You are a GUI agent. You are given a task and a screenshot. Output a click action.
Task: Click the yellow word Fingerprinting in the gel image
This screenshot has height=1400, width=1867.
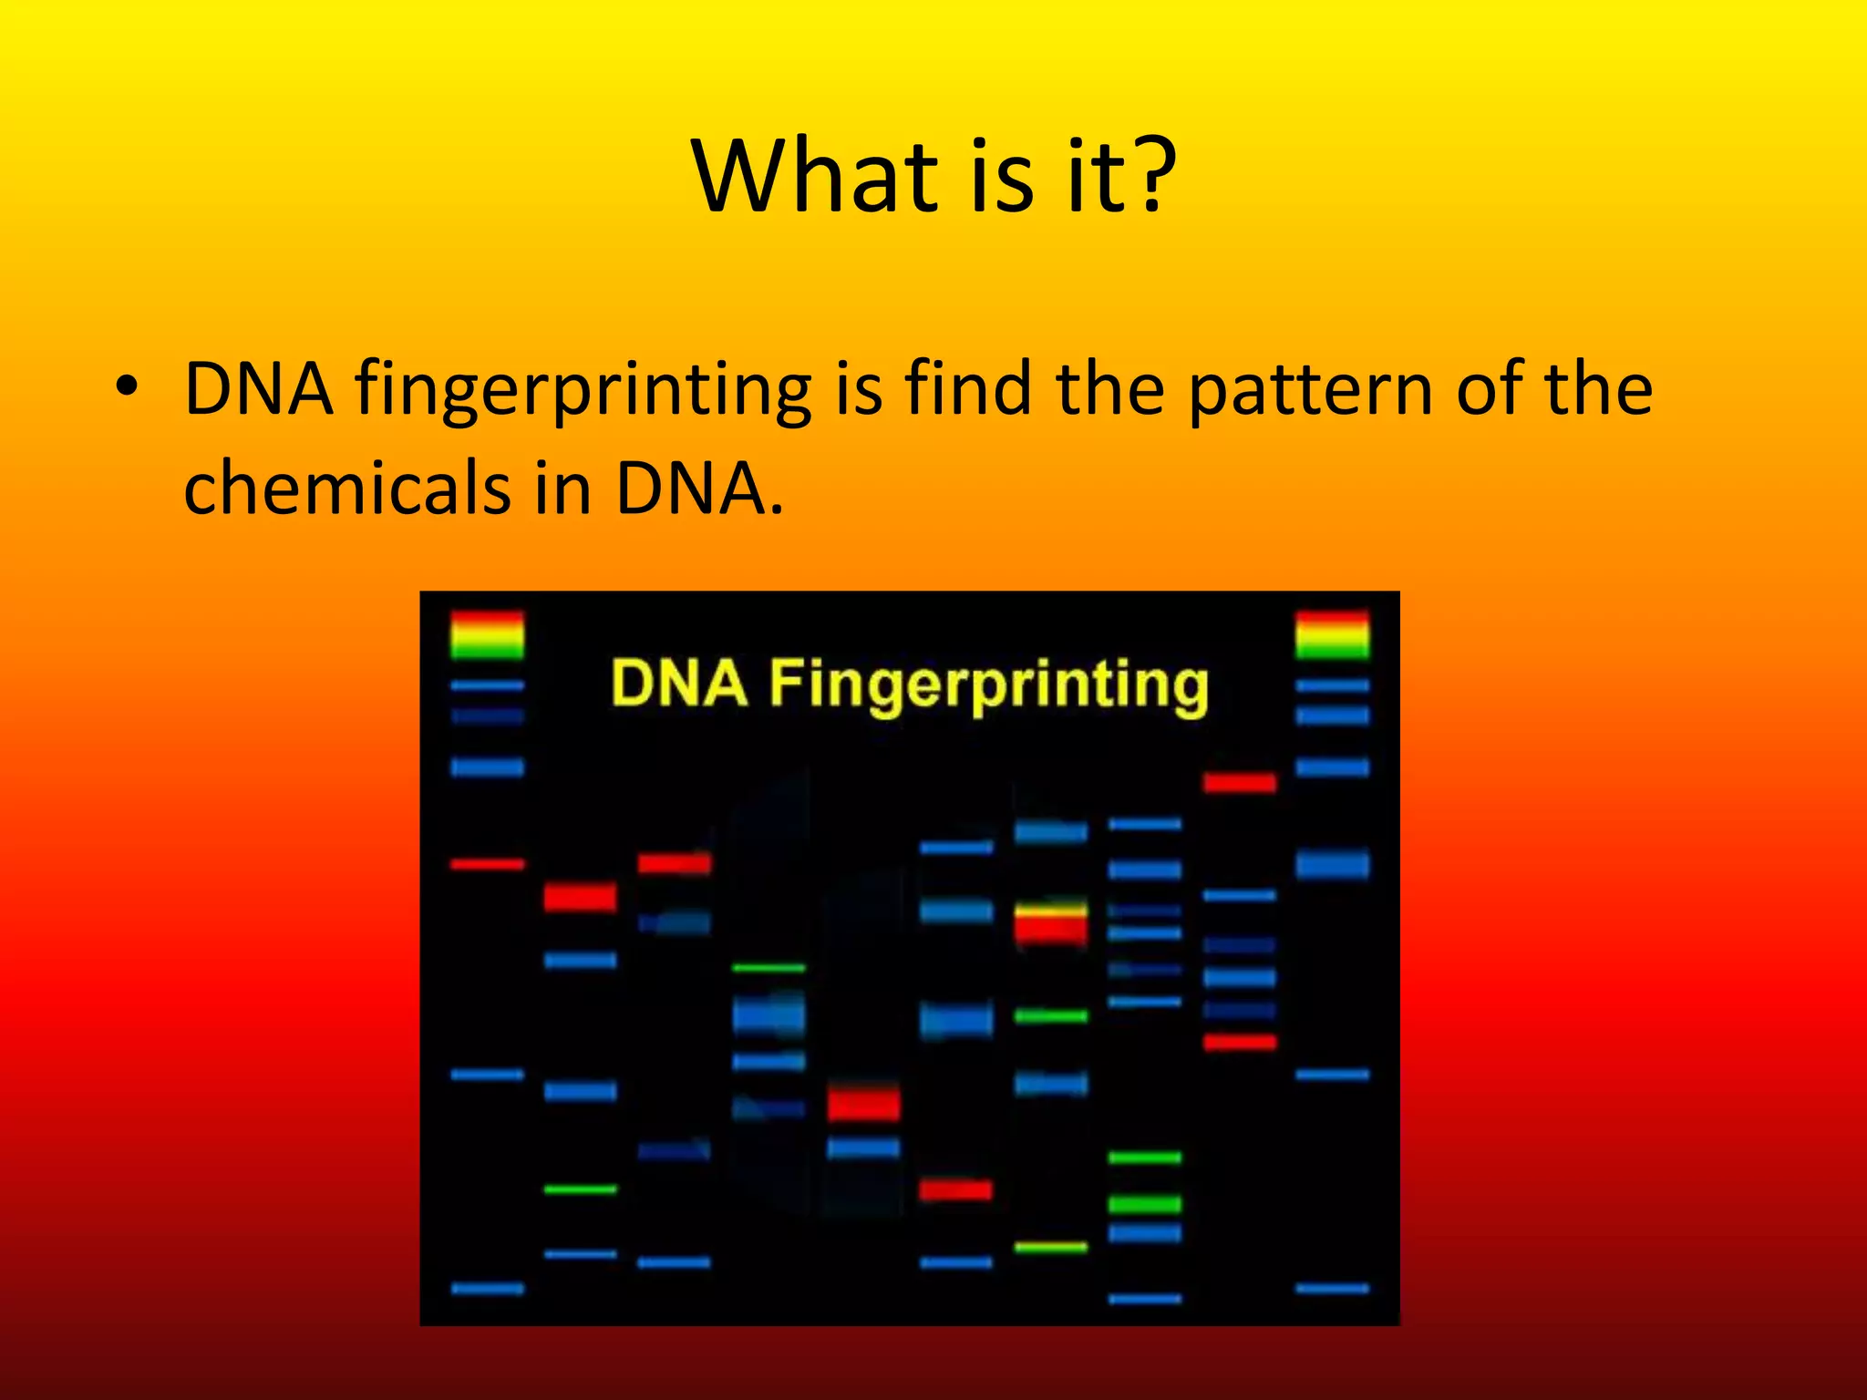[x=988, y=685]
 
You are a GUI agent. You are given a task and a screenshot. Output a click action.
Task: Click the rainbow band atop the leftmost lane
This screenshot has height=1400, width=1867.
[x=488, y=635]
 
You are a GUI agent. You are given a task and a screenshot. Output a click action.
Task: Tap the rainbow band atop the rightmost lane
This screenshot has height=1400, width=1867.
[x=1332, y=635]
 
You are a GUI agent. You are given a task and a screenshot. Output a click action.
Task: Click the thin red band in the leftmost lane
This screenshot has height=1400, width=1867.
[x=488, y=863]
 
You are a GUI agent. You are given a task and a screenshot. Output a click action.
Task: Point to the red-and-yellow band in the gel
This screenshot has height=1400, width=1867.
[x=1051, y=922]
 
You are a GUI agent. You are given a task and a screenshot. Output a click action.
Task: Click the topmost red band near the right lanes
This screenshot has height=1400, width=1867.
[x=1239, y=782]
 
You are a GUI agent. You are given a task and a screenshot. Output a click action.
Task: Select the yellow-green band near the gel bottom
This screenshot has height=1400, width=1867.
[x=1051, y=1247]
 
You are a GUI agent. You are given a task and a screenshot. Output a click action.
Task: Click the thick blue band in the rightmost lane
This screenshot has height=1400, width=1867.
[x=1332, y=863]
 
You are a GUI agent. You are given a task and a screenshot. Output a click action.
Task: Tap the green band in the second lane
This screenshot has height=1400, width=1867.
[x=581, y=1189]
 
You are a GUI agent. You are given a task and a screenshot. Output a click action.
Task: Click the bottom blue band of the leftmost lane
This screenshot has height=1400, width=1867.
[x=488, y=1288]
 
